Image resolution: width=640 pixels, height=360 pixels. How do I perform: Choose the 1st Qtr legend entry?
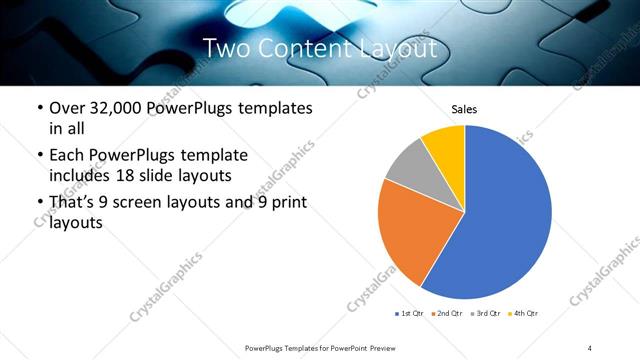[x=409, y=314]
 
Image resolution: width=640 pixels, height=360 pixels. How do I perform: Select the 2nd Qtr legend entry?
[x=446, y=314]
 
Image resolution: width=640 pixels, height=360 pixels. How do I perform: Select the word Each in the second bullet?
[x=67, y=155]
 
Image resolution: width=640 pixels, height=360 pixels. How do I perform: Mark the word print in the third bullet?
[x=284, y=203]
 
